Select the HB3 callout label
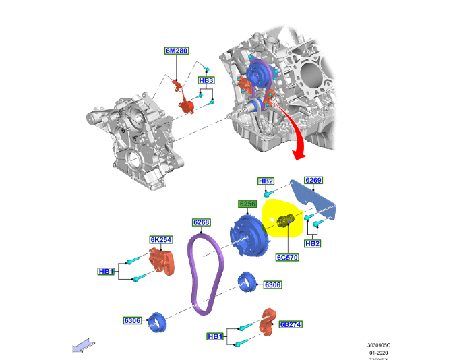tap(206, 81)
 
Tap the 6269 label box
tap(313, 181)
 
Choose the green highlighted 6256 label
tap(247, 203)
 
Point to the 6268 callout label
tap(202, 222)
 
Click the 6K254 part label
tap(161, 240)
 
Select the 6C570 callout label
tap(286, 257)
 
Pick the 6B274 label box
tap(290, 324)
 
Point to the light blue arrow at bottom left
tap(83, 347)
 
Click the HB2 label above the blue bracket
tap(266, 181)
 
